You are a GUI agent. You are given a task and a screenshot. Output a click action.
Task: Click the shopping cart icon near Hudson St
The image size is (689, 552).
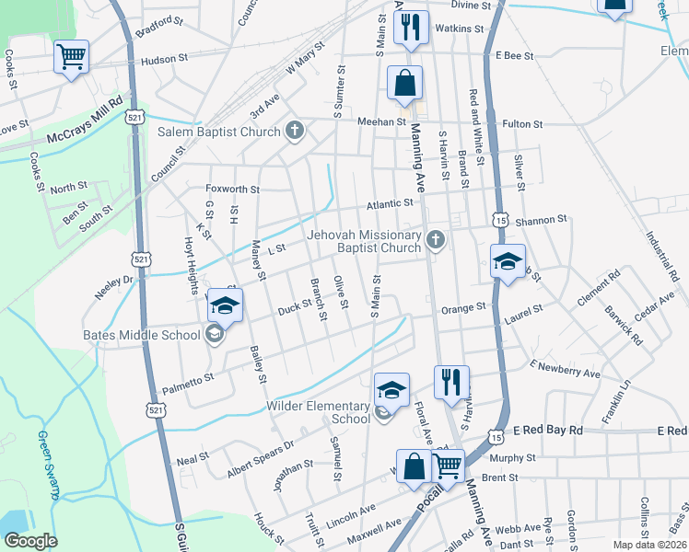71,57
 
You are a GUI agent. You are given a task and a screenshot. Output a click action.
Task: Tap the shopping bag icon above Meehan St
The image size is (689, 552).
404,83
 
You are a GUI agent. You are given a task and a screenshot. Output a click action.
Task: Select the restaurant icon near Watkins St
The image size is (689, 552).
412,27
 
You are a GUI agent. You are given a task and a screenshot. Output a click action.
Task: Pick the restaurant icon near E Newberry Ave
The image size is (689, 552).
451,381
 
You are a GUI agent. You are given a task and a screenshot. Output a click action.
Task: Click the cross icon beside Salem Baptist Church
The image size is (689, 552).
294,132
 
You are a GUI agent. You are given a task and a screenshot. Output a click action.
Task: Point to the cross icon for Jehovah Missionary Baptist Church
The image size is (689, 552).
436,241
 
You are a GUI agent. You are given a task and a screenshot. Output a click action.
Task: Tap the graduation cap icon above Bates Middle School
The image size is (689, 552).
226,304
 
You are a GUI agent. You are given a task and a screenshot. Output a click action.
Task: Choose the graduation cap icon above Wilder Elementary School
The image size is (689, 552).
391,389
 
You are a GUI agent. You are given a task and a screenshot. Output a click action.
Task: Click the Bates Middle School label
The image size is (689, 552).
141,335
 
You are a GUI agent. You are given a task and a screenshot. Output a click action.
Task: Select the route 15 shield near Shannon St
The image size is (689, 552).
500,221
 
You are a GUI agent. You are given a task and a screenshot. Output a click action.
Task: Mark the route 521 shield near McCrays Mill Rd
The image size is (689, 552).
135,118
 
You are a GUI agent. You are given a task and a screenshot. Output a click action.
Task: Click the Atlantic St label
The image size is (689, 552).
390,204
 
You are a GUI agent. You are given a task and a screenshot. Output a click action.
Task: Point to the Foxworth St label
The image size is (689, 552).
232,189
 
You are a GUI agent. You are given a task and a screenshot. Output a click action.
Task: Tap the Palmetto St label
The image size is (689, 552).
188,377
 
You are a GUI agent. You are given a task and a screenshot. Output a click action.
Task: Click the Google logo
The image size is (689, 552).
30,541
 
